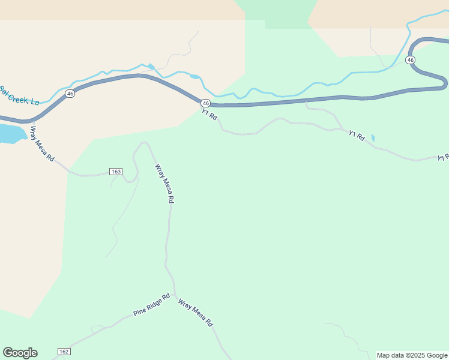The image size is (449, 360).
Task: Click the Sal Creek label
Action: (19, 95)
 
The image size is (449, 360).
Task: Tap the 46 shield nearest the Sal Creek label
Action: (70, 94)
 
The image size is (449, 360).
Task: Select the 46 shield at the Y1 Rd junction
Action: (205, 103)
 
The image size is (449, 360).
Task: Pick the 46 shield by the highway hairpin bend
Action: (411, 60)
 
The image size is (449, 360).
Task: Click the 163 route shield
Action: (116, 172)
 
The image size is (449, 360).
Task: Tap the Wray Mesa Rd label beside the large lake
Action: (42, 145)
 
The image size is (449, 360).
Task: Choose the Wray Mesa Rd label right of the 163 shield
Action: (164, 184)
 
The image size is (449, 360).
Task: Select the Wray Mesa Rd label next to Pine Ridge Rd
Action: (196, 313)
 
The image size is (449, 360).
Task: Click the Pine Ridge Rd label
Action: (152, 304)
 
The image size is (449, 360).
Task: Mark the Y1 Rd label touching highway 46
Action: (209, 114)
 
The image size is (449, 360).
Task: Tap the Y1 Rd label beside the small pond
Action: (357, 136)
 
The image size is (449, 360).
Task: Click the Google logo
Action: (20, 353)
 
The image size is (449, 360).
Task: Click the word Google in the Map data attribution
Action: (437, 355)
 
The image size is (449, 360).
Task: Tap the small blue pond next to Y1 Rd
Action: (373, 138)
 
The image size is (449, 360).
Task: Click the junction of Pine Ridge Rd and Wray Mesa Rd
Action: (175, 294)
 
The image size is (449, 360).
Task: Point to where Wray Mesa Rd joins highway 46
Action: (28, 121)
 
